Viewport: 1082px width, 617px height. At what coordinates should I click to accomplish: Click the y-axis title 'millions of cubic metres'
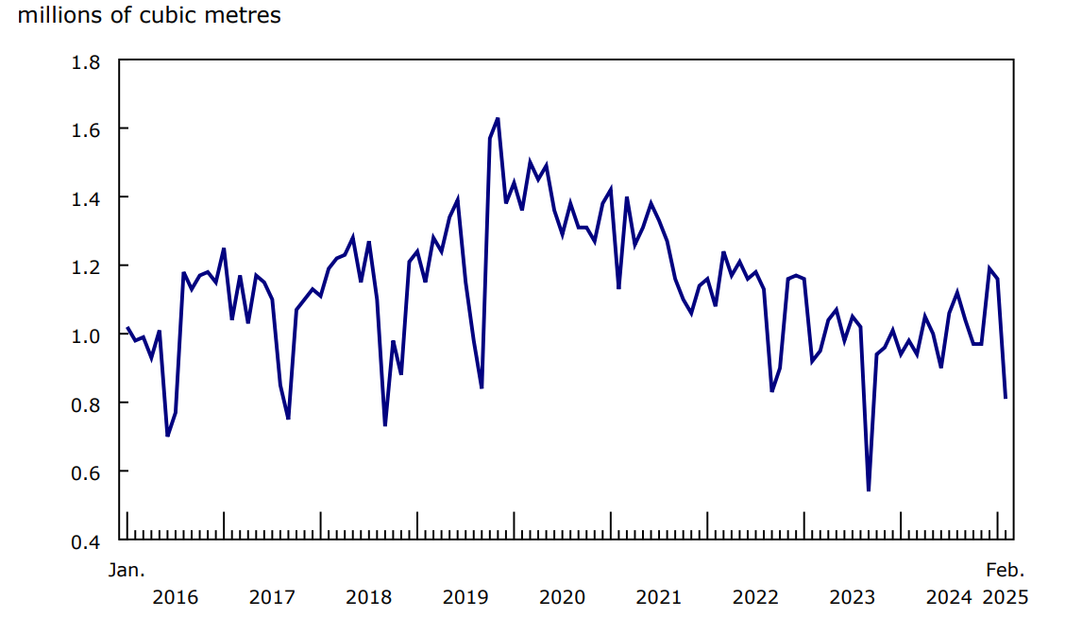pyautogui.click(x=149, y=16)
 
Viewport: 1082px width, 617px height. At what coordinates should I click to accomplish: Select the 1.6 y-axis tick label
pyautogui.click(x=87, y=129)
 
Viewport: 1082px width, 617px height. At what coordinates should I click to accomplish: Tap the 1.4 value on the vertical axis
pyautogui.click(x=87, y=197)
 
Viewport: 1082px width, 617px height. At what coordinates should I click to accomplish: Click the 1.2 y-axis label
pyautogui.click(x=87, y=266)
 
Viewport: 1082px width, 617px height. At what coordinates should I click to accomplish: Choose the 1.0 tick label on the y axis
pyautogui.click(x=87, y=334)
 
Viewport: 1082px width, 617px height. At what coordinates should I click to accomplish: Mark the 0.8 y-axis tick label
pyautogui.click(x=87, y=403)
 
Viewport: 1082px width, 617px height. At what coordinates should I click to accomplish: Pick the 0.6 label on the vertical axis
pyautogui.click(x=87, y=471)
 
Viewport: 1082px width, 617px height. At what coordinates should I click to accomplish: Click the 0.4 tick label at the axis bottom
pyautogui.click(x=87, y=540)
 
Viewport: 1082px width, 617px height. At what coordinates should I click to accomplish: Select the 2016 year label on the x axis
pyautogui.click(x=175, y=597)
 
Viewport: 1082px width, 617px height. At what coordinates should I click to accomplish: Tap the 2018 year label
pyautogui.click(x=368, y=597)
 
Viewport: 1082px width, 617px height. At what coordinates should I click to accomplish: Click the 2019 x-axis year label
pyautogui.click(x=465, y=597)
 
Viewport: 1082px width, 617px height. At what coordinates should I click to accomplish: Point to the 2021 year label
pyautogui.click(x=659, y=597)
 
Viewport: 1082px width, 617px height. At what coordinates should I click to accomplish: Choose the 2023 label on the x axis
pyautogui.click(x=853, y=597)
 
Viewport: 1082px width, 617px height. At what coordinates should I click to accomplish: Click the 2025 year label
pyautogui.click(x=1005, y=597)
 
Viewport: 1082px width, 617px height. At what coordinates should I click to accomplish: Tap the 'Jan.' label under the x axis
pyautogui.click(x=126, y=570)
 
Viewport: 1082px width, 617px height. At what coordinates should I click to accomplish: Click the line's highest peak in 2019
pyautogui.click(x=498, y=119)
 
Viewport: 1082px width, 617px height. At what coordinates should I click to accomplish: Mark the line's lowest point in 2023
pyautogui.click(x=868, y=490)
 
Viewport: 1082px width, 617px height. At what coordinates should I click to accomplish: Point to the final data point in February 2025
pyautogui.click(x=1006, y=398)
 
